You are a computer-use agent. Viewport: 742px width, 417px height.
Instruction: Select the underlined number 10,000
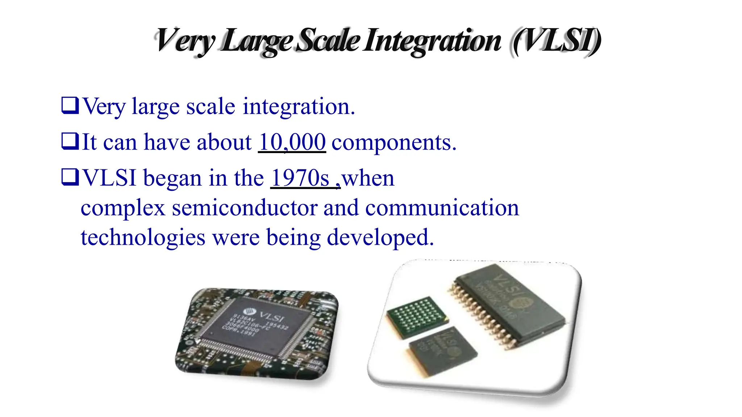pyautogui.click(x=292, y=142)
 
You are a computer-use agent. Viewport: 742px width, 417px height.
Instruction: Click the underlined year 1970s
pyautogui.click(x=300, y=178)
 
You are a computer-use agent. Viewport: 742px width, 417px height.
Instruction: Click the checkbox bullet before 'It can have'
pyautogui.click(x=70, y=141)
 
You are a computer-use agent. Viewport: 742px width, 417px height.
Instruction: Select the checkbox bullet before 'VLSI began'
pyautogui.click(x=70, y=177)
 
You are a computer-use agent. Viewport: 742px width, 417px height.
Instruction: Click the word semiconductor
pyautogui.click(x=245, y=208)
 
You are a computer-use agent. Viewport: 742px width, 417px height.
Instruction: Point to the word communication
pyautogui.click(x=442, y=208)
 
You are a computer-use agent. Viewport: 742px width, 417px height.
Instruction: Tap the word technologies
pyautogui.click(x=143, y=238)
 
